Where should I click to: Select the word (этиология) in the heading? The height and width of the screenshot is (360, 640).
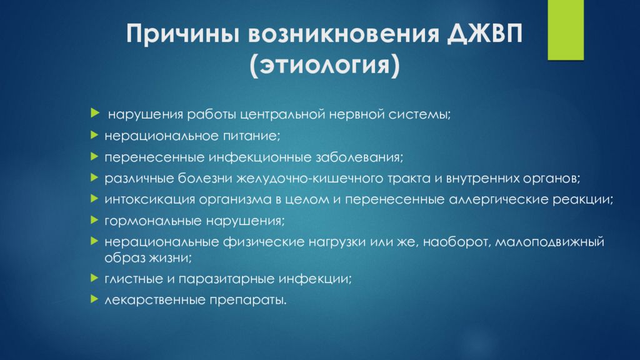tap(324, 65)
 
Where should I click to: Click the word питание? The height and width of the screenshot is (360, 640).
tap(251, 135)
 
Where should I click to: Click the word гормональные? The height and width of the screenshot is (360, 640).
tap(140, 221)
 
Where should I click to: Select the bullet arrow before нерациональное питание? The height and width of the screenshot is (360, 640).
tap(93, 134)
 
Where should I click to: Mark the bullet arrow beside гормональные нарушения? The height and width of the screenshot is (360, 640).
tap(93, 220)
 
